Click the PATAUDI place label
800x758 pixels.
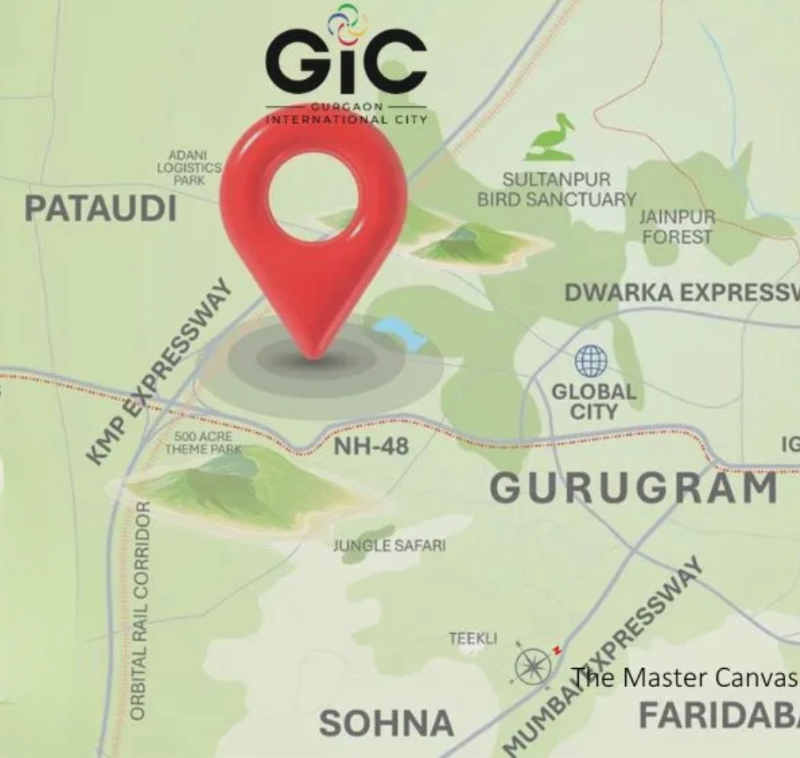[x=101, y=209]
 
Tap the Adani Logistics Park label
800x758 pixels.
[x=189, y=168]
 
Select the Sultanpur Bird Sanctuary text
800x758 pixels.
[x=556, y=190]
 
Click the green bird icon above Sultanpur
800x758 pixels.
[x=551, y=139]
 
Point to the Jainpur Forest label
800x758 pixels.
[x=677, y=227]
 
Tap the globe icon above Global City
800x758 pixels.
[x=591, y=361]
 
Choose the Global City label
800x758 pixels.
[x=594, y=401]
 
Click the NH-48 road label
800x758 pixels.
[x=371, y=448]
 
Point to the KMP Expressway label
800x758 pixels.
[x=160, y=371]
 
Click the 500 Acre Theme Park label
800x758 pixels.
[x=203, y=443]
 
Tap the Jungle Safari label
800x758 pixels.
[x=389, y=545]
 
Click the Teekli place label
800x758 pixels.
[x=473, y=638]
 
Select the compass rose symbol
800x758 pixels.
[x=534, y=667]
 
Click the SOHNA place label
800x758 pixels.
[x=386, y=724]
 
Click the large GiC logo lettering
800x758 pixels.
[x=346, y=62]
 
